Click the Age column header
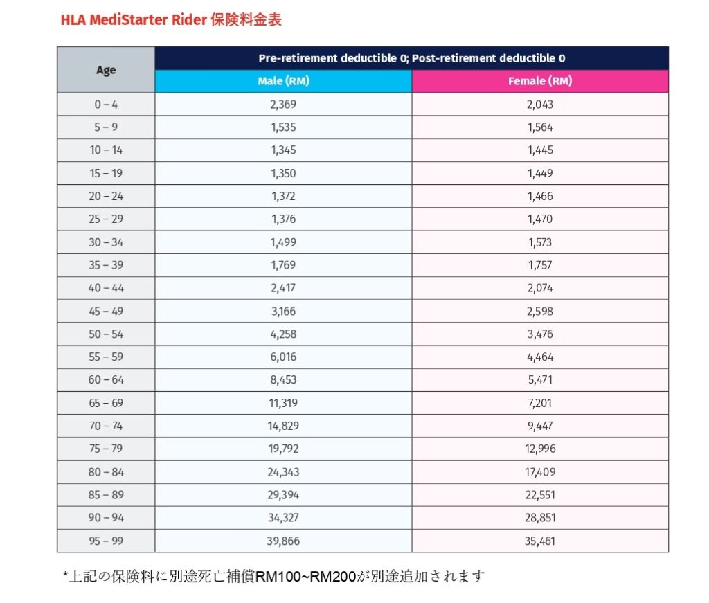pyautogui.click(x=106, y=70)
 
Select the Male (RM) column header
pyautogui.click(x=283, y=81)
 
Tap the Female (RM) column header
pyautogui.click(x=540, y=81)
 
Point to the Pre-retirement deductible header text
pyautogui.click(x=411, y=58)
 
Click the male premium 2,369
pyautogui.click(x=283, y=105)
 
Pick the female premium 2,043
pyautogui.click(x=540, y=105)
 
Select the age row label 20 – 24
pyautogui.click(x=106, y=196)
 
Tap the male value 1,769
pyautogui.click(x=283, y=265)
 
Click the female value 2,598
pyautogui.click(x=540, y=311)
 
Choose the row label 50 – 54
pyautogui.click(x=106, y=334)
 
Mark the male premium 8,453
pyautogui.click(x=283, y=380)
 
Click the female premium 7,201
pyautogui.click(x=540, y=403)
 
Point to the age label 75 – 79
pyautogui.click(x=106, y=449)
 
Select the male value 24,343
pyautogui.click(x=283, y=472)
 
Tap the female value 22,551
pyautogui.click(x=540, y=495)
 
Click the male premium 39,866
pyautogui.click(x=283, y=541)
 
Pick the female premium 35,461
pyautogui.click(x=540, y=541)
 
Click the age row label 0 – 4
pyautogui.click(x=106, y=105)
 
